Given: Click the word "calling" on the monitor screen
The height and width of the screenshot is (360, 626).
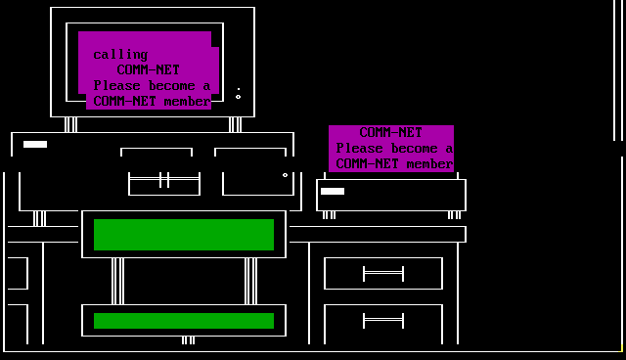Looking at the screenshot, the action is tap(120, 55).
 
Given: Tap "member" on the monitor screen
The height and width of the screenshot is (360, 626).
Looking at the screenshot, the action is tap(187, 102).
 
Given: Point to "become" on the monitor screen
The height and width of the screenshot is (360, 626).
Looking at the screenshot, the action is tap(172, 86).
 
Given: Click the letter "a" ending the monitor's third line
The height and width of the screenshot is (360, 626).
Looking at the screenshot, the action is tap(206, 87).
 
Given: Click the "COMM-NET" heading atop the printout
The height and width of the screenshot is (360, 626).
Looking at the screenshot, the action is tap(391, 132).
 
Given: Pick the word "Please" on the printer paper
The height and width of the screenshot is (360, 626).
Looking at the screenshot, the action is tap(359, 149).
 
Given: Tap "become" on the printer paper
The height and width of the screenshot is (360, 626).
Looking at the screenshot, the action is tap(415, 149).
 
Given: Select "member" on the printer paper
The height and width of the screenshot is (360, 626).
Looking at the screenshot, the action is tap(429, 164).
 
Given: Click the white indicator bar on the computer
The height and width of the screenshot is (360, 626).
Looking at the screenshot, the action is tap(35, 144).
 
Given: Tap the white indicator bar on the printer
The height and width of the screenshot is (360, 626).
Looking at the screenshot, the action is tap(333, 191).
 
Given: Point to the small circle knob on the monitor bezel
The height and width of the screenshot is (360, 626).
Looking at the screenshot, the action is tap(239, 97).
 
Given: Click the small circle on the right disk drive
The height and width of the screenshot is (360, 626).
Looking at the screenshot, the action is tap(285, 175).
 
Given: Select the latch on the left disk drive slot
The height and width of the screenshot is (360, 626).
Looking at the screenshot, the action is tap(164, 180).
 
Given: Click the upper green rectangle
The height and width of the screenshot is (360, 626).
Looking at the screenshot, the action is tap(184, 235).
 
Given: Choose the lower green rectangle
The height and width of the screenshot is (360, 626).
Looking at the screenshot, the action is tap(184, 321).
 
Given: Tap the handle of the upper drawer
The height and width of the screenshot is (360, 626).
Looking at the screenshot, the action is tap(383, 274).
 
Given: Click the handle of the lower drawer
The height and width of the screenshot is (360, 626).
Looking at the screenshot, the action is tap(383, 321).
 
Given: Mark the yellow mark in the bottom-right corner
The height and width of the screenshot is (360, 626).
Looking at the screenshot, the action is tap(621, 348).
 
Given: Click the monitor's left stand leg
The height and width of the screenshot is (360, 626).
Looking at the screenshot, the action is tap(70, 124).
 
